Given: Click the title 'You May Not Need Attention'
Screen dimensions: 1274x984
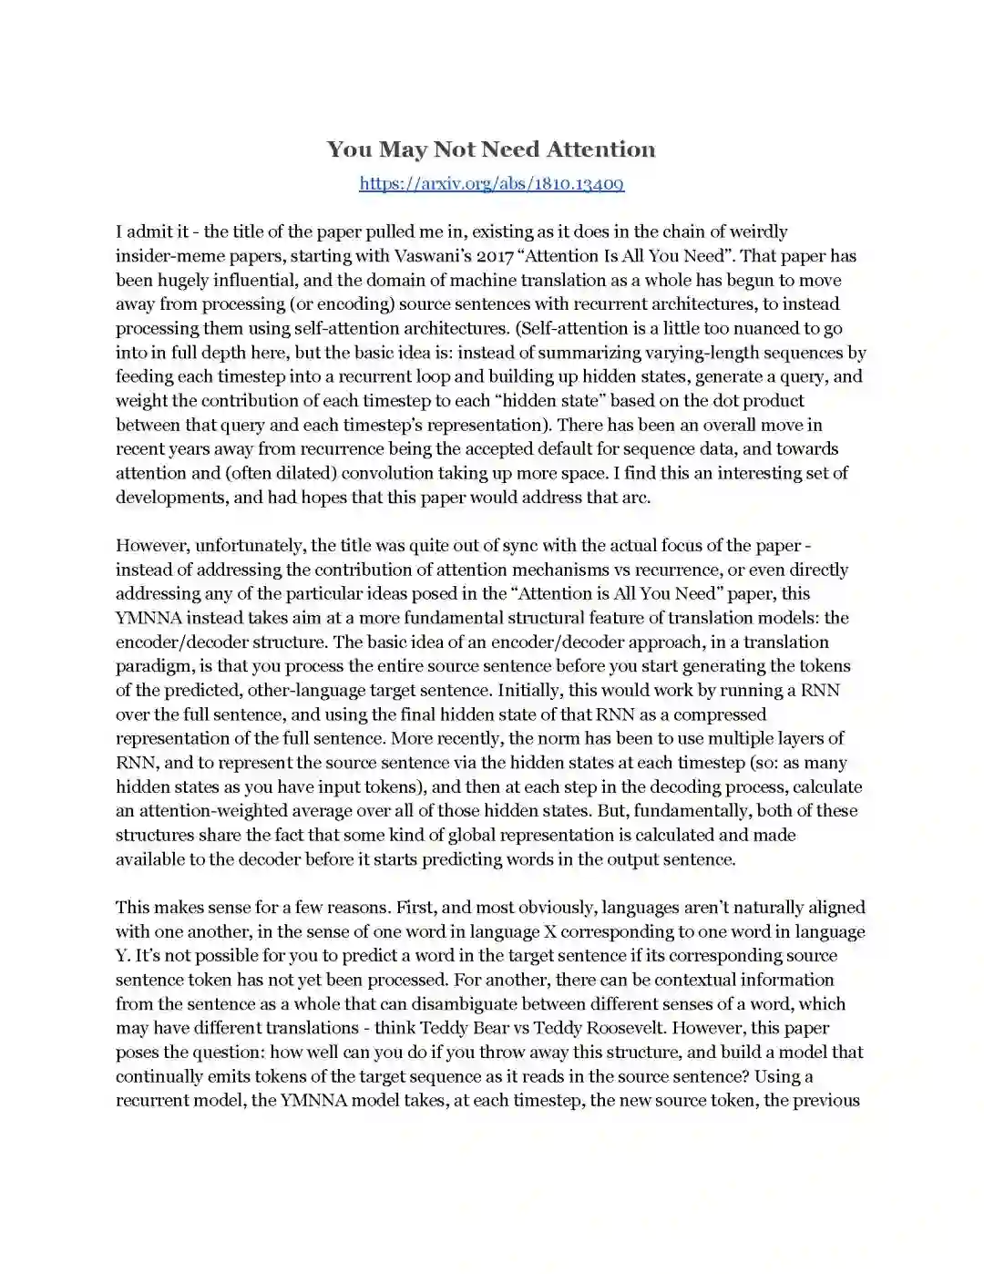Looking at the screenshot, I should [x=491, y=149].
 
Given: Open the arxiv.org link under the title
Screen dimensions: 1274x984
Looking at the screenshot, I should [x=491, y=184].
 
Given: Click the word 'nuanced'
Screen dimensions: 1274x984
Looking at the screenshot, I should [x=733, y=328].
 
